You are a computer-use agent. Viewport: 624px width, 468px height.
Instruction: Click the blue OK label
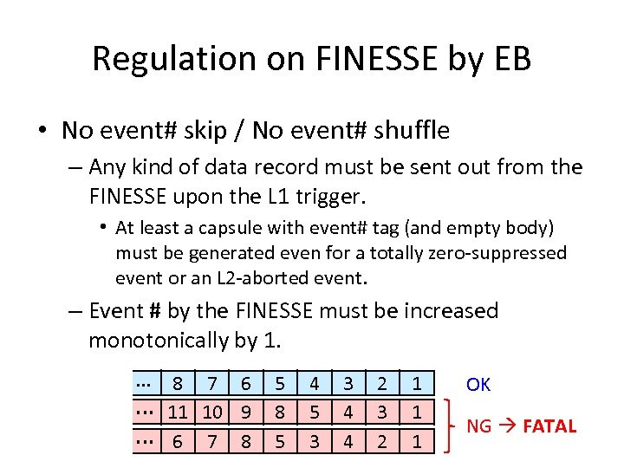[478, 384]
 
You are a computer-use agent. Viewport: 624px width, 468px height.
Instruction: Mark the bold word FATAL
[549, 426]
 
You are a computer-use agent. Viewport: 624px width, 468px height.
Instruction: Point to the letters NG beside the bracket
[478, 426]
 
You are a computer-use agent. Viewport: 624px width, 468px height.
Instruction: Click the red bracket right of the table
[448, 426]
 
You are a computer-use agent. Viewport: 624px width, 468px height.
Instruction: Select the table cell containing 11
[179, 413]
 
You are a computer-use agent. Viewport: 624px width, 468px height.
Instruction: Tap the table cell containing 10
[212, 413]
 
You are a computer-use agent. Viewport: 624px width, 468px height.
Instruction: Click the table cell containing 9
[246, 413]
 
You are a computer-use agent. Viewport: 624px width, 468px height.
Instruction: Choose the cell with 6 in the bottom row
[179, 442]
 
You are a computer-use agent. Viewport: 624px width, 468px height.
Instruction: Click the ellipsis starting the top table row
[144, 382]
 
